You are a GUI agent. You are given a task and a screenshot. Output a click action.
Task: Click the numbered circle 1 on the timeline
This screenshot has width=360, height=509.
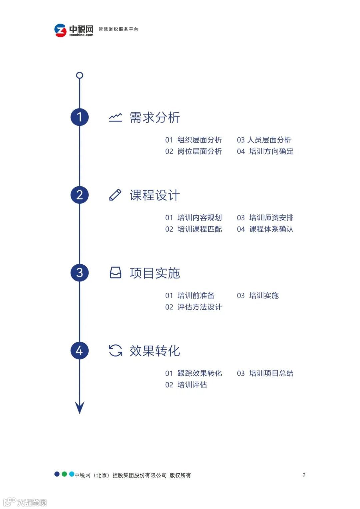point(79,117)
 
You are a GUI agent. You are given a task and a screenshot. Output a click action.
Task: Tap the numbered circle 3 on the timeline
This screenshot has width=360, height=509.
point(79,273)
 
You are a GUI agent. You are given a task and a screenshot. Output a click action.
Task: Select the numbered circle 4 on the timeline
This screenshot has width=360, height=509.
point(79,351)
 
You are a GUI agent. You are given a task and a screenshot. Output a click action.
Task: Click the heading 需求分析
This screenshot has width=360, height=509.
point(155,118)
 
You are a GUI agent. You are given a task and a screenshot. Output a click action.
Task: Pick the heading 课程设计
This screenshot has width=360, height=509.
point(155,195)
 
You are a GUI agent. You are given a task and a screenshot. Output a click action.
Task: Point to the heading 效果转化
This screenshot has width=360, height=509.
point(155,351)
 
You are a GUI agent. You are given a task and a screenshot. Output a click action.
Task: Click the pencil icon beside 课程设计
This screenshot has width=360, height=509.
point(115,195)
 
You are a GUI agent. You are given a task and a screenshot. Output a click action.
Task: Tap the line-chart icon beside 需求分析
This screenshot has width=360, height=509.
point(115,117)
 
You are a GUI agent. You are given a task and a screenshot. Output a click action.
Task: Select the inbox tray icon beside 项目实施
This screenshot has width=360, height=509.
point(115,273)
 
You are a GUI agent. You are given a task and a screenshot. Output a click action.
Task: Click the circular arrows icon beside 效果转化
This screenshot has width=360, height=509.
point(115,351)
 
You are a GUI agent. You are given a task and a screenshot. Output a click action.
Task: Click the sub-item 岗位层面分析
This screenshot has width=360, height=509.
point(199,151)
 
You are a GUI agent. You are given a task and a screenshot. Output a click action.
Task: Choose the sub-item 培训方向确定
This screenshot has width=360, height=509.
point(271,151)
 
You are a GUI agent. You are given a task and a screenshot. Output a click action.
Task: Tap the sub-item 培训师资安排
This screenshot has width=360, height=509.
point(271,218)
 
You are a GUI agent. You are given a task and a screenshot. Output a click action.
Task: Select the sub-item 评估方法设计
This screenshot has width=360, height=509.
point(199,307)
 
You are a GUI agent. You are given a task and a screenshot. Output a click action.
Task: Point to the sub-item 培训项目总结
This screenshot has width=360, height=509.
point(271,373)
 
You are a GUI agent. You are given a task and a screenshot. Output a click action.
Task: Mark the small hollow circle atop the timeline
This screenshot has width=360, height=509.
point(79,75)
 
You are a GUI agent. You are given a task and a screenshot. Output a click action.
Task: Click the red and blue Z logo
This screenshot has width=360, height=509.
point(60,30)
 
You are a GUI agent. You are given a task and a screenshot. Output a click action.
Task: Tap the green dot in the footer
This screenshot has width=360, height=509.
point(64,474)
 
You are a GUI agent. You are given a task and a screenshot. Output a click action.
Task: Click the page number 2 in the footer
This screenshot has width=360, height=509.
point(304,475)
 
